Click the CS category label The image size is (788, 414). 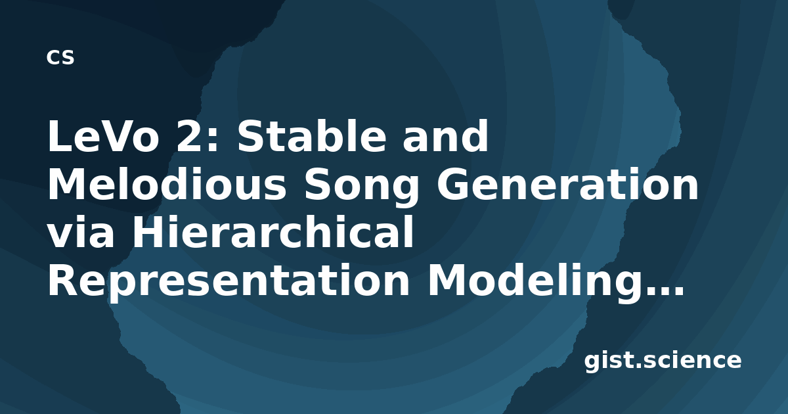tap(60, 57)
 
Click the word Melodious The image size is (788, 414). tap(167, 184)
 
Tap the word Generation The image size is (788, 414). tap(567, 185)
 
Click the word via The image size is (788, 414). tap(81, 233)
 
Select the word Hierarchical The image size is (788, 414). tap(273, 232)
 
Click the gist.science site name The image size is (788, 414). tap(663, 361)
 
